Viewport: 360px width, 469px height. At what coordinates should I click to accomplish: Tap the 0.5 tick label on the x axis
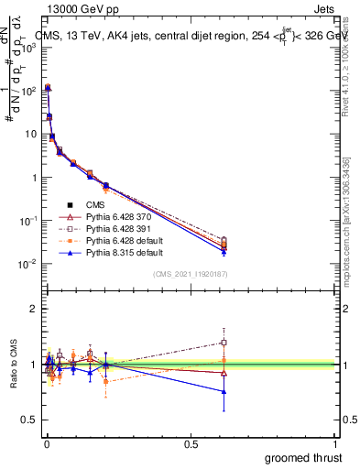(x=191, y=443)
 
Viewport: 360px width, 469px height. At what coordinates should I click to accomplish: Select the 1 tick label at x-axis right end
(x=336, y=443)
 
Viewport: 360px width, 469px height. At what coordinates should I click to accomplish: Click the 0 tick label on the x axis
(x=46, y=443)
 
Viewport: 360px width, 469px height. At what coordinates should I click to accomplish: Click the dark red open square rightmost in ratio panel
(x=224, y=343)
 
